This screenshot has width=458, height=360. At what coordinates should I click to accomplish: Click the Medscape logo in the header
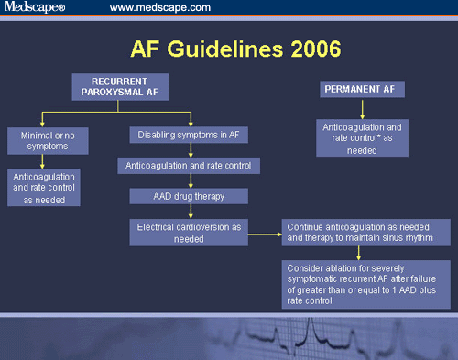click(38, 8)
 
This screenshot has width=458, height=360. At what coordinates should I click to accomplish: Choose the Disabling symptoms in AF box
click(189, 135)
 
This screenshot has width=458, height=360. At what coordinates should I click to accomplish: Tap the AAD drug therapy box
click(189, 196)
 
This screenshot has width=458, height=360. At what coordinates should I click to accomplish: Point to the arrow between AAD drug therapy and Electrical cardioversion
click(190, 212)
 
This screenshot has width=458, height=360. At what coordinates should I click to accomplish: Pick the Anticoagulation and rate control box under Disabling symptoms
click(189, 166)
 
